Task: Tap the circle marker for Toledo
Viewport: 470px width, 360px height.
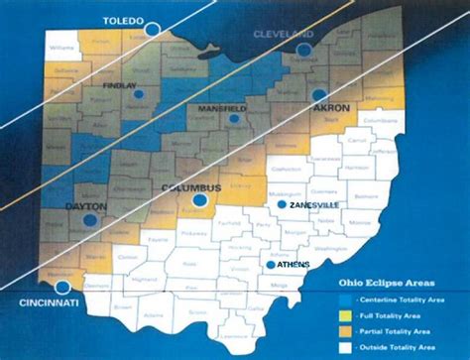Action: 152,30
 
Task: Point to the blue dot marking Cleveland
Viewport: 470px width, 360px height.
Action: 305,48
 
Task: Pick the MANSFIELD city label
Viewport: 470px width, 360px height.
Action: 226,105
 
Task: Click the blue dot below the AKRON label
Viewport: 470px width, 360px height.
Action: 319,95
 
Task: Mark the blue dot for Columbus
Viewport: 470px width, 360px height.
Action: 199,200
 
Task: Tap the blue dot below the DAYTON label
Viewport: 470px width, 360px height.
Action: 90,220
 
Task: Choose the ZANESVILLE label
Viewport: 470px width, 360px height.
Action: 314,204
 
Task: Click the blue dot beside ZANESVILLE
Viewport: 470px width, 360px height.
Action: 282,204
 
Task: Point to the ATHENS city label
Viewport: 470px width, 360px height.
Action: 292,265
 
